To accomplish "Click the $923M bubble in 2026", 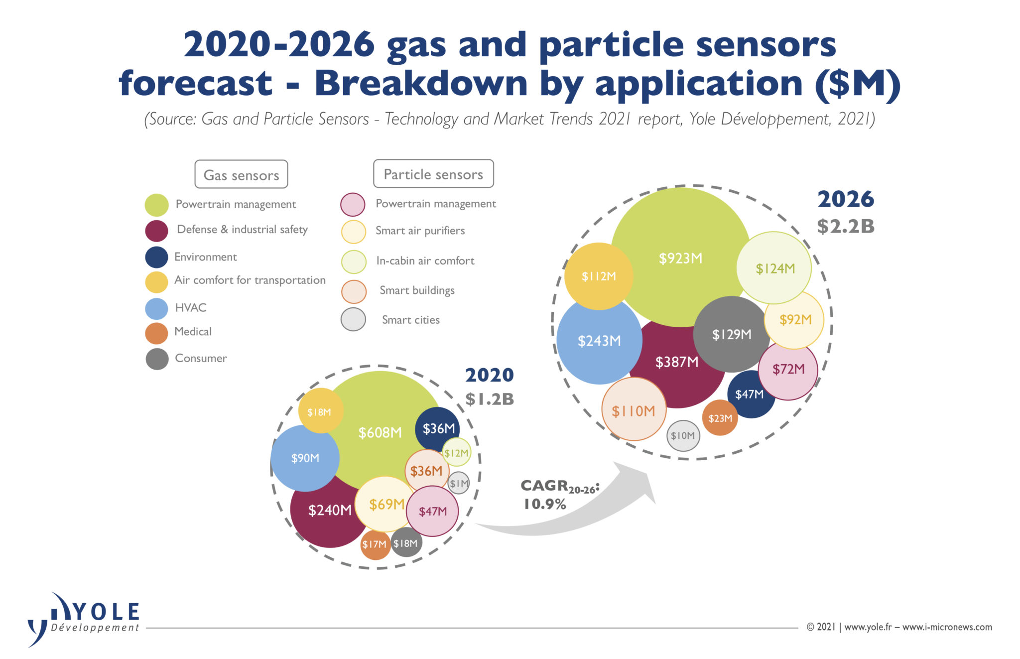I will (680, 258).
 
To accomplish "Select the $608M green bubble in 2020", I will (380, 432).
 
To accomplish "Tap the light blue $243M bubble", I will (599, 341).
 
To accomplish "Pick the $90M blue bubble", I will (305, 458).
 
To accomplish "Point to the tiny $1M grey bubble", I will (459, 483).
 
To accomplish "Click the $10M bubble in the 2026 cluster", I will (683, 436).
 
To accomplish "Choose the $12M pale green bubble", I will (456, 453).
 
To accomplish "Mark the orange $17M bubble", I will (375, 544).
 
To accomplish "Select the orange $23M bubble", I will (720, 418).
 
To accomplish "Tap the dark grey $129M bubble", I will (732, 334).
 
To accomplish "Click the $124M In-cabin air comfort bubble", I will (774, 268).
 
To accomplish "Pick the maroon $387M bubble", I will (676, 362).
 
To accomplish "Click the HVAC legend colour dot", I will (156, 308).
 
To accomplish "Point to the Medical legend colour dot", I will (156, 333).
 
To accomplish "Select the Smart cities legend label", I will (410, 320).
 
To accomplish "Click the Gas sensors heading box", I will (241, 174).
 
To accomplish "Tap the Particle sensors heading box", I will (433, 174).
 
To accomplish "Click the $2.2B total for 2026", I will (846, 226).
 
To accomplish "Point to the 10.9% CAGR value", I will (545, 504).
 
